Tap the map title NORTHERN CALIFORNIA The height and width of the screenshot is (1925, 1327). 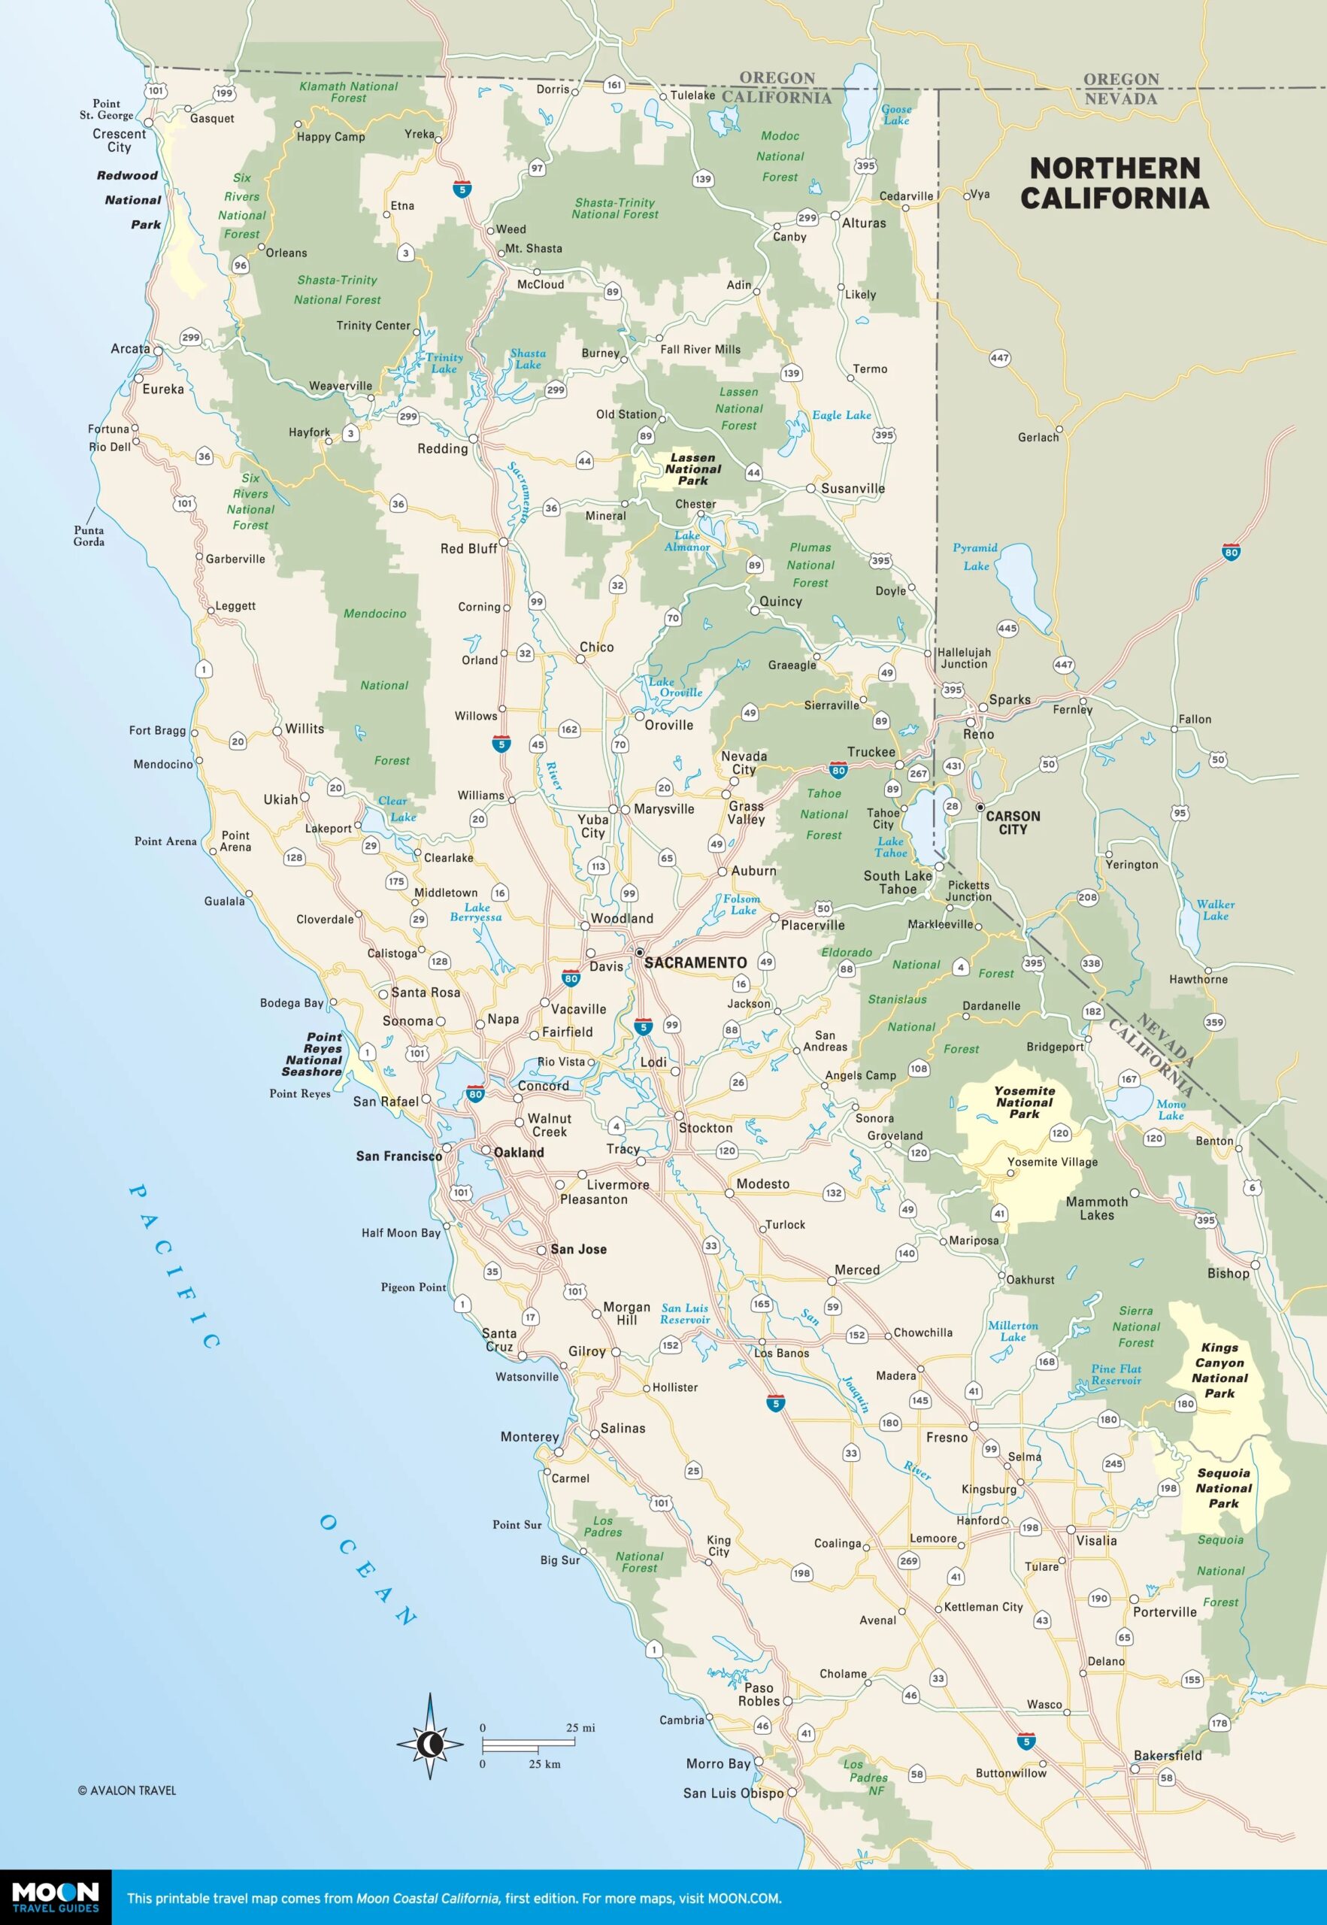[x=1114, y=183]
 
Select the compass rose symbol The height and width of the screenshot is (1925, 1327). [x=430, y=1743]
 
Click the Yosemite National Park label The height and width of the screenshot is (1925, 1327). [x=1024, y=1102]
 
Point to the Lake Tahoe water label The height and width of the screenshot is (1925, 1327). [x=890, y=847]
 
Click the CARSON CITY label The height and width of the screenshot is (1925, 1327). [x=1012, y=823]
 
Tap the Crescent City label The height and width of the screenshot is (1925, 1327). [x=119, y=140]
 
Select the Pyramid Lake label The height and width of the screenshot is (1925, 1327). [x=975, y=556]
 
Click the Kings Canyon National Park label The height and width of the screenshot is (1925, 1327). [x=1219, y=1369]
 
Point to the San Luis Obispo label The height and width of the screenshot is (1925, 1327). [x=732, y=1793]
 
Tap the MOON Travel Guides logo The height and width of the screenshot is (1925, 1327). [x=55, y=1898]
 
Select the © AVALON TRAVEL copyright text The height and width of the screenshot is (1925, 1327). [x=126, y=1790]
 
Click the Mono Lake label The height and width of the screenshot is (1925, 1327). [x=1171, y=1109]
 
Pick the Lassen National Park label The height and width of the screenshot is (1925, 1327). [x=692, y=469]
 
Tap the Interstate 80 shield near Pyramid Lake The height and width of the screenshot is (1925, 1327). [x=1231, y=552]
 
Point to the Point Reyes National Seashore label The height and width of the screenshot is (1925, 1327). [x=313, y=1054]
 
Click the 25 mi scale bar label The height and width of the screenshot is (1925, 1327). [x=580, y=1727]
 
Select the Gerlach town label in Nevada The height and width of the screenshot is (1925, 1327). [x=1038, y=437]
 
